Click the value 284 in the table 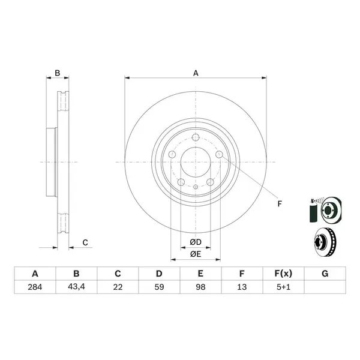(35, 287)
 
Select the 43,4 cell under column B (76, 287)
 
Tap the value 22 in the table (118, 287)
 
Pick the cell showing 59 (159, 287)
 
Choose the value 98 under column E (200, 287)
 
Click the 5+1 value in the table (283, 287)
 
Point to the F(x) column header (283, 274)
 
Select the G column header (325, 274)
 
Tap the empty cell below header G (325, 287)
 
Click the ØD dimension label (196, 242)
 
